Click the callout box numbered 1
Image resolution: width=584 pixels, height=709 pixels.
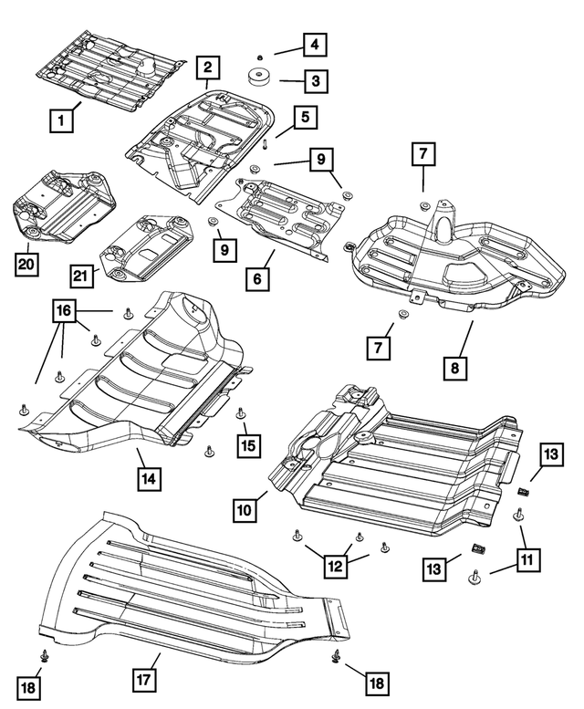(61, 119)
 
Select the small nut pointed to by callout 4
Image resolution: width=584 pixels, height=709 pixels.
(259, 56)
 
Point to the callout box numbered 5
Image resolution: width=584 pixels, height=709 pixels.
(302, 118)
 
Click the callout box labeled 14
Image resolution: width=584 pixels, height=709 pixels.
(149, 477)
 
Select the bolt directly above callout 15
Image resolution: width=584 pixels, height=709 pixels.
(241, 413)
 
